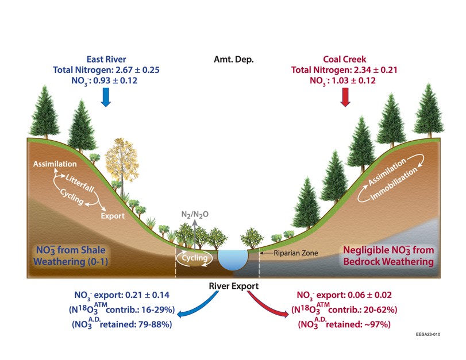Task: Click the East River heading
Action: [x=106, y=59]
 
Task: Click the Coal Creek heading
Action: [x=344, y=59]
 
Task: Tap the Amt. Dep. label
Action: [x=234, y=59]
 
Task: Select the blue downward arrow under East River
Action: [x=106, y=98]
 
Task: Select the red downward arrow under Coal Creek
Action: [x=345, y=98]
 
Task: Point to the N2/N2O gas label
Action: [x=195, y=215]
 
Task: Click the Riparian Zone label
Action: [x=296, y=253]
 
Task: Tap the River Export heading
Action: [x=234, y=286]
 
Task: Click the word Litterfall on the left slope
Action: [x=80, y=183]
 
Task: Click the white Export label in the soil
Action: [x=113, y=216]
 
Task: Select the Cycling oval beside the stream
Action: [x=194, y=258]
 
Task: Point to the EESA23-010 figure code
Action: [x=428, y=334]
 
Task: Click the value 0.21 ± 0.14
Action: [x=148, y=295]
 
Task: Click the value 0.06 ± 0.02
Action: [x=369, y=295]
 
